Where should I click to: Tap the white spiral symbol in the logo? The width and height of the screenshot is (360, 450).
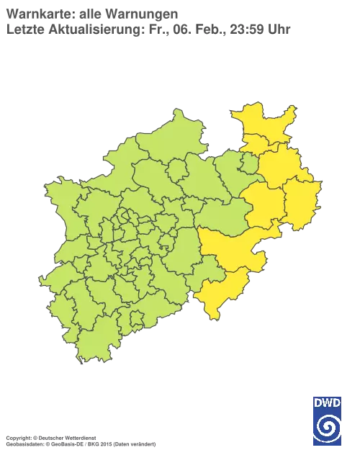tap(328, 427)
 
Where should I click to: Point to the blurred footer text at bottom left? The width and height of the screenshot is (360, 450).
tap(79, 437)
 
